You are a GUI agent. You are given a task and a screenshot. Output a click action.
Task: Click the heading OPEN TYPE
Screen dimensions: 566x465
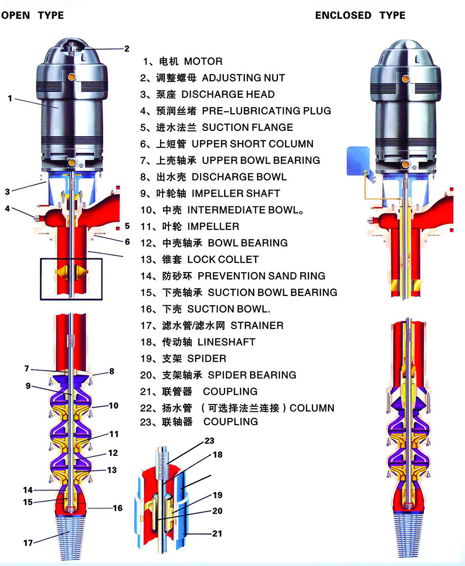tap(33, 15)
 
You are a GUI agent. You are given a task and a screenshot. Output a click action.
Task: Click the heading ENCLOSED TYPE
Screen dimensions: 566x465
tap(360, 15)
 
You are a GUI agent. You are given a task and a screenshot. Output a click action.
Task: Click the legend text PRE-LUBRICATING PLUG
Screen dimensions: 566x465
tap(267, 111)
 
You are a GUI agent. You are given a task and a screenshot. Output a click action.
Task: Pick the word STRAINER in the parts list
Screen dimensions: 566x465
tap(257, 325)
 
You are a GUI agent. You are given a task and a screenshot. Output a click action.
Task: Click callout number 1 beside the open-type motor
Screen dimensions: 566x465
tap(10, 98)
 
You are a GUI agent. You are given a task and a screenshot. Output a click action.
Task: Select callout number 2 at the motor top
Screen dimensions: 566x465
tap(127, 49)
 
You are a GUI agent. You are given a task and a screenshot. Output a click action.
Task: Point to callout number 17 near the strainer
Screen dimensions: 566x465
tap(28, 543)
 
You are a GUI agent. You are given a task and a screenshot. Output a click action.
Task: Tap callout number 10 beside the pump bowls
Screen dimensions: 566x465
tap(113, 406)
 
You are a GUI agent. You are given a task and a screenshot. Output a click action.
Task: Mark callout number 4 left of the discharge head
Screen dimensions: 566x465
tap(7, 209)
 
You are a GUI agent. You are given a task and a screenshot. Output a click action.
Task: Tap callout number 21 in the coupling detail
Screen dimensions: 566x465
tap(218, 533)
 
